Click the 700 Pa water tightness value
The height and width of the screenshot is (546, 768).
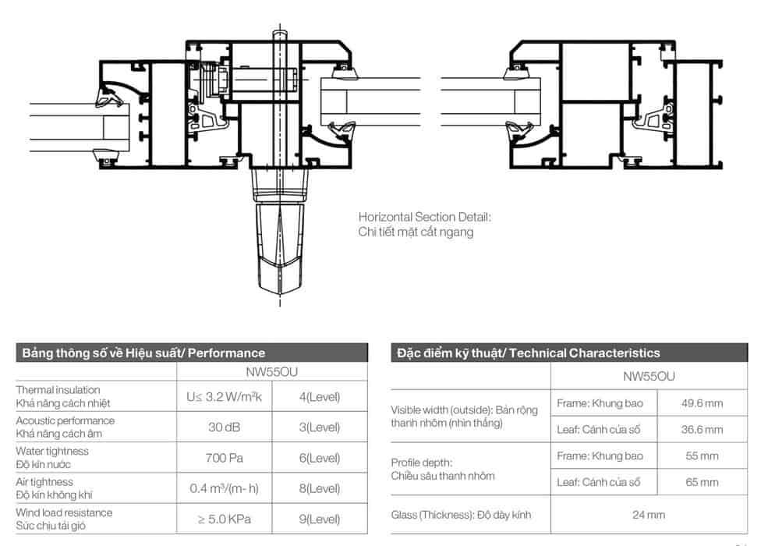(x=225, y=458)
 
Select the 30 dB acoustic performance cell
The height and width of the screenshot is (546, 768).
(x=225, y=427)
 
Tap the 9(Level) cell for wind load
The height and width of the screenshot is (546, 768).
(x=320, y=519)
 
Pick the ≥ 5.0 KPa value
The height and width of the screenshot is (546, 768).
(x=225, y=519)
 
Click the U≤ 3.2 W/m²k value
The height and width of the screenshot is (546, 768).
(x=225, y=396)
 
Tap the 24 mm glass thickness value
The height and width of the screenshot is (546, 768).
(x=649, y=514)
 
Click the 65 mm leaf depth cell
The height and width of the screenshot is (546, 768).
(x=702, y=482)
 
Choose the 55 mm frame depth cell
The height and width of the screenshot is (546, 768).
(x=702, y=456)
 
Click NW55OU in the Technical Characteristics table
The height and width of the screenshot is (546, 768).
(x=649, y=376)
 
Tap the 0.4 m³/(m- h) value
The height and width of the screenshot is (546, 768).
(x=225, y=488)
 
